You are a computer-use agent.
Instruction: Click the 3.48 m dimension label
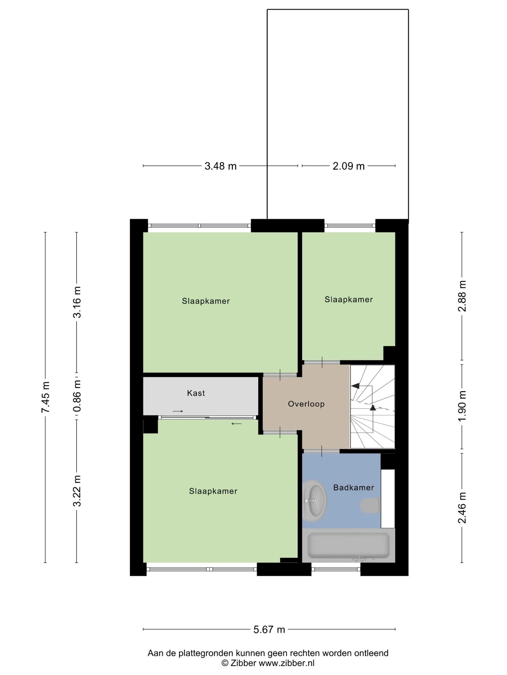[220, 166]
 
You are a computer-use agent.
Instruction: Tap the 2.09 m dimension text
[349, 166]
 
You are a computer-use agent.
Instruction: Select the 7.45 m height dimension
[46, 397]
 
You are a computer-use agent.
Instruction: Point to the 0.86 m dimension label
[77, 396]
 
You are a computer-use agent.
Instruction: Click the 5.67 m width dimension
[269, 629]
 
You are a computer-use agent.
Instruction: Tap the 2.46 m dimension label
[462, 508]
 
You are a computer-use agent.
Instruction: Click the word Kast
[196, 393]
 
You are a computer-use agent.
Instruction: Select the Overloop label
[306, 404]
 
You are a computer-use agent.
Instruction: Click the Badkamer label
[353, 488]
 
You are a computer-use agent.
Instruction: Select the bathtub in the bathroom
[349, 546]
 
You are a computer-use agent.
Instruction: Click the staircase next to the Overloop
[373, 407]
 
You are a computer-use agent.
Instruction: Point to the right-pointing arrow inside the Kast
[178, 411]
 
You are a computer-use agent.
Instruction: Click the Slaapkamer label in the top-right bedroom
[349, 300]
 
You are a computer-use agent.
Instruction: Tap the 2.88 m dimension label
[462, 296]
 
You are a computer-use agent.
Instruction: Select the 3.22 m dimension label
[77, 491]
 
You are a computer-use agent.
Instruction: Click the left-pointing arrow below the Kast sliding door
[237, 424]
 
